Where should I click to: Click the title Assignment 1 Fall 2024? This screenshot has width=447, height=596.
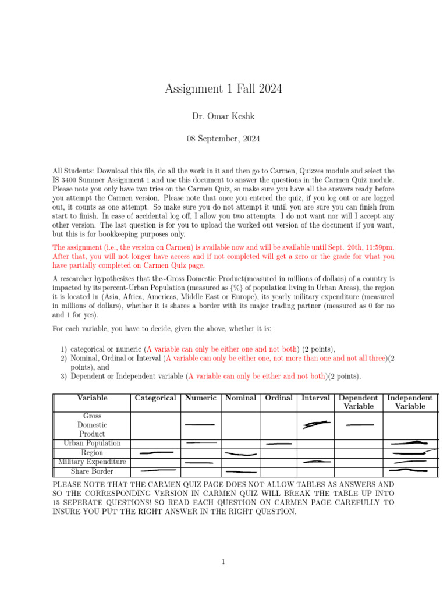(x=223, y=89)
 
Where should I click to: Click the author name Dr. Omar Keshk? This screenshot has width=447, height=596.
(x=223, y=116)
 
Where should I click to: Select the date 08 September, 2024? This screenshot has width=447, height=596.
(x=223, y=139)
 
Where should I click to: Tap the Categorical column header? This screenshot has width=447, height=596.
(x=155, y=398)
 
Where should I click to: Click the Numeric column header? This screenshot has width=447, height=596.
(x=200, y=398)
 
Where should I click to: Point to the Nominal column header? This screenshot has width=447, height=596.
(x=240, y=398)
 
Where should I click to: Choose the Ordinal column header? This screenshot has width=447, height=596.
(x=278, y=398)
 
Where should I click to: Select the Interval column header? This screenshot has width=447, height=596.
(x=315, y=398)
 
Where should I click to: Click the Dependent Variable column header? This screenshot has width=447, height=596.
(x=359, y=402)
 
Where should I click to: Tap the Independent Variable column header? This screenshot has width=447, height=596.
(x=410, y=402)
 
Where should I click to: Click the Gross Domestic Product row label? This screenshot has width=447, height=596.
(x=92, y=425)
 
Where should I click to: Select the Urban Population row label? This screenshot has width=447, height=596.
(x=92, y=444)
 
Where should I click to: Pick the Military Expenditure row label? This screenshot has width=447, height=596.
(x=92, y=462)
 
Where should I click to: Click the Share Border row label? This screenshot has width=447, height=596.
(x=92, y=471)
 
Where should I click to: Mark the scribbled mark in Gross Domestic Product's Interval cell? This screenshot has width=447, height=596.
(x=316, y=425)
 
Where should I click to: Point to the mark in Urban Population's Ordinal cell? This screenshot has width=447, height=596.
(x=278, y=444)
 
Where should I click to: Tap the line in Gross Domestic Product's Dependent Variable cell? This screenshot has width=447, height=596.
(x=359, y=425)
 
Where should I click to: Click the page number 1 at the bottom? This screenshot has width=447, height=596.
(x=223, y=562)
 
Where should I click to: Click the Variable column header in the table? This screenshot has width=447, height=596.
(x=92, y=398)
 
